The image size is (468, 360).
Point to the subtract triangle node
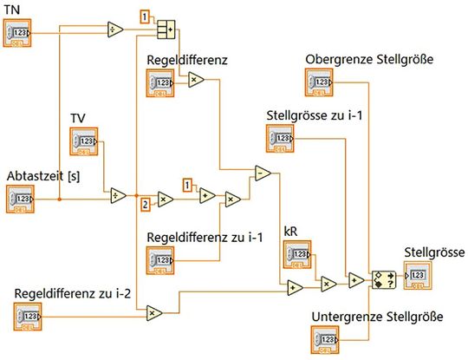click(x=262, y=173)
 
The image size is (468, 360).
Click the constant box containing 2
click(x=144, y=205)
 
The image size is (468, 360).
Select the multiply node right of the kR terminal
click(x=328, y=282)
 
